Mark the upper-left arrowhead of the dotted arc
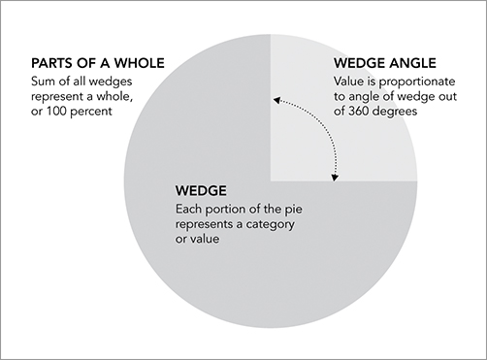pos(276,99)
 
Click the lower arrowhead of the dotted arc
pos(337,177)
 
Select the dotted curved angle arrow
pos(321,121)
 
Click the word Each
pos(188,207)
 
